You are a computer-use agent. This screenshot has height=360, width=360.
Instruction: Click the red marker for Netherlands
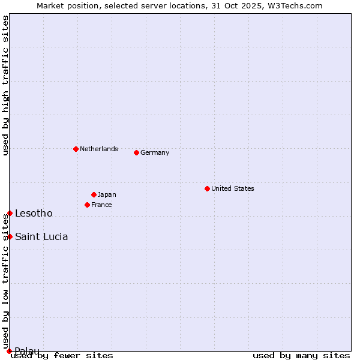coord(76,149)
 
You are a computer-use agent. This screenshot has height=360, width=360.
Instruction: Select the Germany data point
coord(136,152)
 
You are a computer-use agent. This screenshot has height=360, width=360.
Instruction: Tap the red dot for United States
coord(207,188)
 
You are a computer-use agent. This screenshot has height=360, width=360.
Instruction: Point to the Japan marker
coord(94,194)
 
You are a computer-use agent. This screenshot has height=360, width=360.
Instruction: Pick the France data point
coord(87,205)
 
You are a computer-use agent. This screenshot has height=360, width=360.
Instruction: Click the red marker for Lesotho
coord(10,213)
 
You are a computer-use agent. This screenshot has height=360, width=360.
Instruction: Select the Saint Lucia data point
coord(10,236)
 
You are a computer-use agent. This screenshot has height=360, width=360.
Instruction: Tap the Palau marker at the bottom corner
coord(9,351)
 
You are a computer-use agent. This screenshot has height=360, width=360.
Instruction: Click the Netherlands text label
coord(98,149)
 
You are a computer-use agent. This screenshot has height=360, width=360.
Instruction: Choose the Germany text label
coord(155,152)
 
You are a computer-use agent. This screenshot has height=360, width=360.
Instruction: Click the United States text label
coord(232,188)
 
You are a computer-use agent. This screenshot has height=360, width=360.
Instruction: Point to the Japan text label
coord(107,194)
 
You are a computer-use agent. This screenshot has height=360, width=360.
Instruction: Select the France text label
coord(101,205)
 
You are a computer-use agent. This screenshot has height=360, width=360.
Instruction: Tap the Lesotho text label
coord(34,213)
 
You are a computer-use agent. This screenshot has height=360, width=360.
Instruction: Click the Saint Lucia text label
coord(41,236)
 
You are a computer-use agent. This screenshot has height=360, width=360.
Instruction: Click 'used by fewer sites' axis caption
coord(62,355)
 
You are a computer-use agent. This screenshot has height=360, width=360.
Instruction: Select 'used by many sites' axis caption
coord(301,355)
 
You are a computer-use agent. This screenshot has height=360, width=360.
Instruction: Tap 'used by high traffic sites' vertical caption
coord(5,85)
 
